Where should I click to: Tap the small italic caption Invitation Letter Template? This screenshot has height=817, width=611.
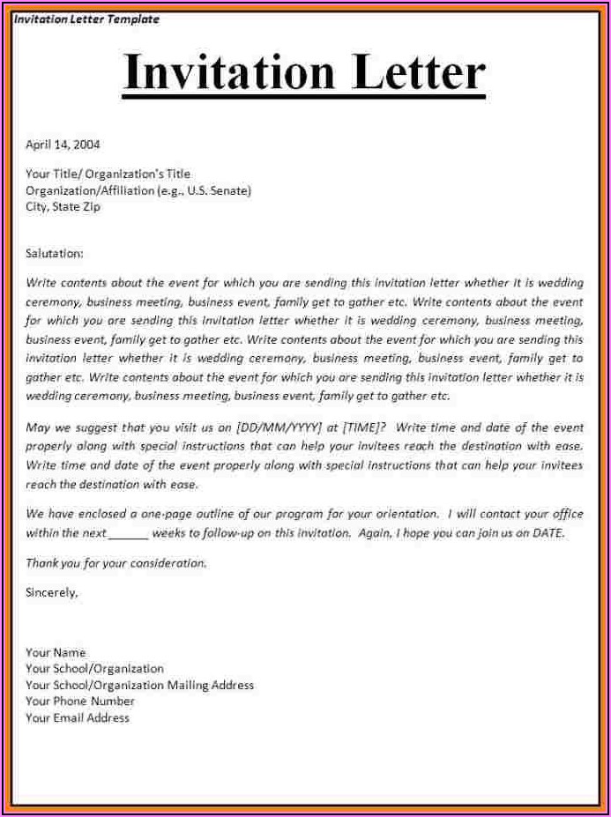86,19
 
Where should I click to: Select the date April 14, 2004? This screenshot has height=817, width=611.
63,144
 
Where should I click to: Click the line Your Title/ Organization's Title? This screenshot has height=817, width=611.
108,174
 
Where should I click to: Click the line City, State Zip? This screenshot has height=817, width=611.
63,207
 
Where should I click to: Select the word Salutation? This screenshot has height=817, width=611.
54,253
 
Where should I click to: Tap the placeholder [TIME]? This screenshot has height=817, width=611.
363,427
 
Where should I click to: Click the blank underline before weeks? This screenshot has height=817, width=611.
129,533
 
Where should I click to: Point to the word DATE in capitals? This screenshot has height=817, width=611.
546,533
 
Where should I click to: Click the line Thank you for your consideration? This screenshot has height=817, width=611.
115,562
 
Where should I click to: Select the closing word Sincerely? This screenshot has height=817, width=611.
51,593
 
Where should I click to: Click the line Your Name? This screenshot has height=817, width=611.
56,652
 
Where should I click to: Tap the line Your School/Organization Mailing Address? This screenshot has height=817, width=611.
139,685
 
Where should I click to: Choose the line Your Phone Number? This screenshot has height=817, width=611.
80,702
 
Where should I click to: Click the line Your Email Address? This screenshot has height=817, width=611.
78,718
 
